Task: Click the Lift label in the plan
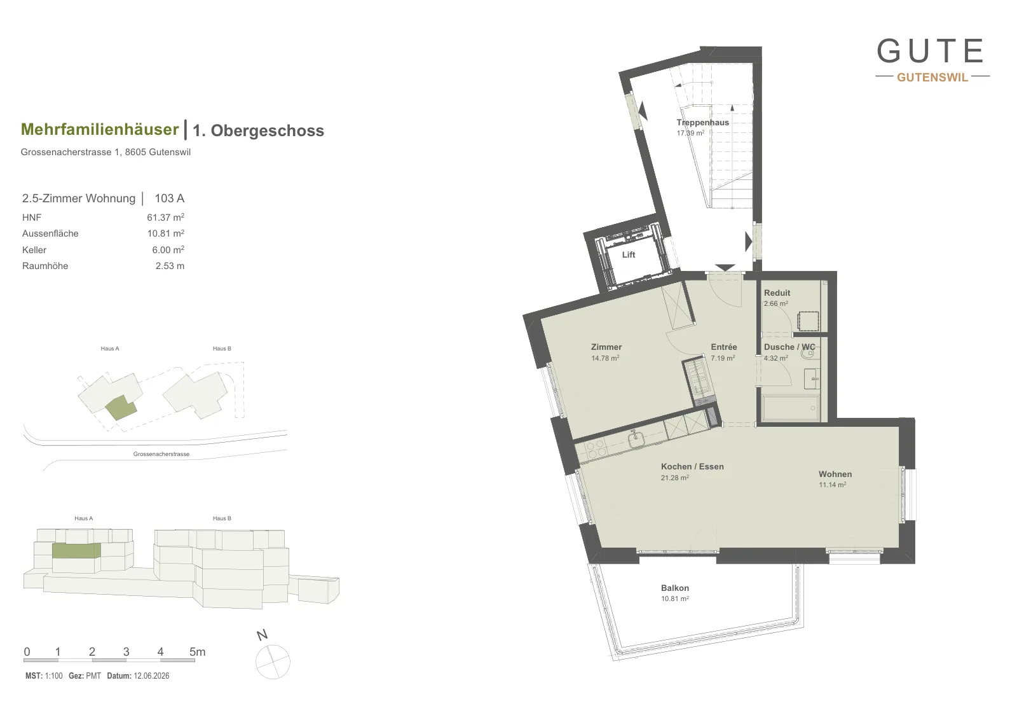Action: tap(629, 255)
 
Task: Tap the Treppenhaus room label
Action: tap(702, 122)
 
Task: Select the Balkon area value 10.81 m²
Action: tap(674, 599)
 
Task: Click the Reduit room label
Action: tap(777, 293)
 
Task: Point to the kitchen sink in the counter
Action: tap(636, 438)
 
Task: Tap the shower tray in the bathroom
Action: tap(791, 408)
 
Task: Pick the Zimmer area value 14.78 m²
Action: tap(605, 358)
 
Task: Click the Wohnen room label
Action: tap(835, 474)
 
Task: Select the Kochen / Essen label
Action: tap(692, 466)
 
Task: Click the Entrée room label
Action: tap(724, 347)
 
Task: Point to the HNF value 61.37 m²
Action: tap(165, 217)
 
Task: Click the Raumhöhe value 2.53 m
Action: tap(170, 266)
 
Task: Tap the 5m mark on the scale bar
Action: tap(198, 652)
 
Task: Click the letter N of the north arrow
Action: tap(262, 635)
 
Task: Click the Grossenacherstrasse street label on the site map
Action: tap(161, 453)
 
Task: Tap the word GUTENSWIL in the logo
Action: tap(932, 77)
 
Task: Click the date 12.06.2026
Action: tap(151, 675)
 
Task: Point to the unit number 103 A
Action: tap(169, 198)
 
